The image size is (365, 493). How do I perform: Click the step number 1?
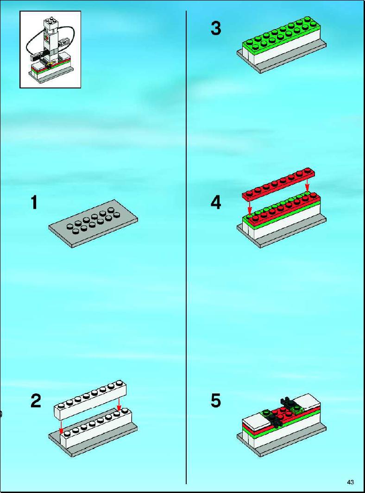[x=34, y=202]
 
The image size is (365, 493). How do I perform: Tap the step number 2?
[x=36, y=401]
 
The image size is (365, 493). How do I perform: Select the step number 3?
[x=216, y=28]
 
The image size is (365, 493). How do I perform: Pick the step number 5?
[x=216, y=401]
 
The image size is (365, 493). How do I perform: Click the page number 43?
[x=351, y=482]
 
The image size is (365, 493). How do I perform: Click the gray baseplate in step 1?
[x=93, y=224]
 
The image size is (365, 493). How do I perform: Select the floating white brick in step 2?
[x=90, y=399]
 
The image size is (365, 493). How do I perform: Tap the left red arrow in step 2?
[x=61, y=426]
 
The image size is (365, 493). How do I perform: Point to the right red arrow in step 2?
[x=119, y=404]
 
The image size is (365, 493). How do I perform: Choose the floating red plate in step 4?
[x=279, y=185]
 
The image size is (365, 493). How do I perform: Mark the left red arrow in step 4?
[x=249, y=207]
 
